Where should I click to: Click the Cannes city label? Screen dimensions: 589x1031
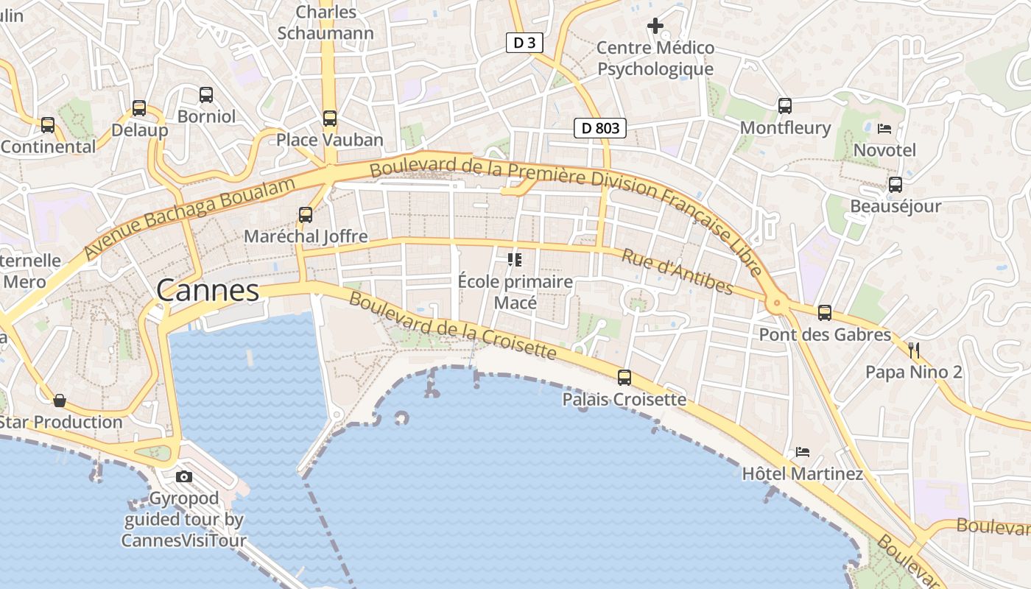click(208, 291)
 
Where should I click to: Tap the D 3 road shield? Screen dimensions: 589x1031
click(524, 43)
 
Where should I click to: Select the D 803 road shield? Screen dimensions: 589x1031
click(600, 128)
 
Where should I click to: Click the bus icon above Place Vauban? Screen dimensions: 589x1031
click(330, 118)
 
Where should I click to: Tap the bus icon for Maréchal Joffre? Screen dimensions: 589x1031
click(306, 215)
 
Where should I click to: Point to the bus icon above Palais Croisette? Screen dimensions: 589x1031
click(624, 378)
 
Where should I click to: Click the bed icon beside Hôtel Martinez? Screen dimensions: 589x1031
click(803, 451)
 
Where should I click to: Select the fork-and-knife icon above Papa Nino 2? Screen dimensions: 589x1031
click(914, 350)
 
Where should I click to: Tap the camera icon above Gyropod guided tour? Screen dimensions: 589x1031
click(184, 477)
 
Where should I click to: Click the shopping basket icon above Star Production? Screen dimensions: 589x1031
click(60, 401)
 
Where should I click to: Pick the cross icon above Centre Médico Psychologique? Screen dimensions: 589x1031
click(655, 27)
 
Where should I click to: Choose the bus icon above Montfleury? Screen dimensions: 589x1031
click(785, 106)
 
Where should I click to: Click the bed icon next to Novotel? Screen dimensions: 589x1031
click(884, 129)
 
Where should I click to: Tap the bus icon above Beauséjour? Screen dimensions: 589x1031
click(895, 185)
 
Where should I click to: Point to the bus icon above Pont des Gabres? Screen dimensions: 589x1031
click(825, 313)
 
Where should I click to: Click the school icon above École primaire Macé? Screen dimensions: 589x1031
click(515, 260)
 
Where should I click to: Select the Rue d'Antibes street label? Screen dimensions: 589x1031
click(678, 272)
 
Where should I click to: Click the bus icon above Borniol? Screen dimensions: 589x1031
click(206, 95)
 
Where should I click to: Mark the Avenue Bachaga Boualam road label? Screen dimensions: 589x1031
click(190, 218)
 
